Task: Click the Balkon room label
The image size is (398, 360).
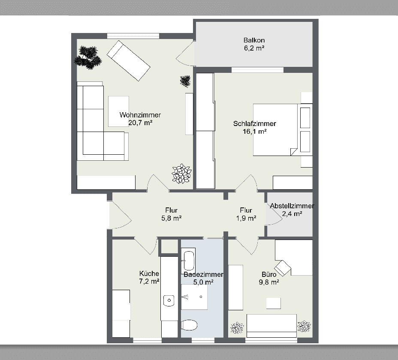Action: (253, 41)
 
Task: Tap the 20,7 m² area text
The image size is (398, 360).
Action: (140, 123)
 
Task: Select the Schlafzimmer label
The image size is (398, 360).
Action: (255, 124)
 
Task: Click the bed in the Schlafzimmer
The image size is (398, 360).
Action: (275, 129)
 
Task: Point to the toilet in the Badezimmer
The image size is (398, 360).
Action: (189, 325)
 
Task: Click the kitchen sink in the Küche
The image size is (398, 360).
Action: (169, 300)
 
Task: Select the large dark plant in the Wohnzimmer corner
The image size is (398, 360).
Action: (88, 57)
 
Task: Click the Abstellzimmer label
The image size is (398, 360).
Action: (292, 206)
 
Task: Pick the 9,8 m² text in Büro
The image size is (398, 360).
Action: (269, 282)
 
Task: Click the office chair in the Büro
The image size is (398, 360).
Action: (283, 268)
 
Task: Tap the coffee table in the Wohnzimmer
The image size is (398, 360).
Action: (118, 111)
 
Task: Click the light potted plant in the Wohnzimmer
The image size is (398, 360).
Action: (182, 174)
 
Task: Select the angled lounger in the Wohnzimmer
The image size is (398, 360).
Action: (128, 60)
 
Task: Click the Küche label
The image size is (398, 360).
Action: (149, 273)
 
